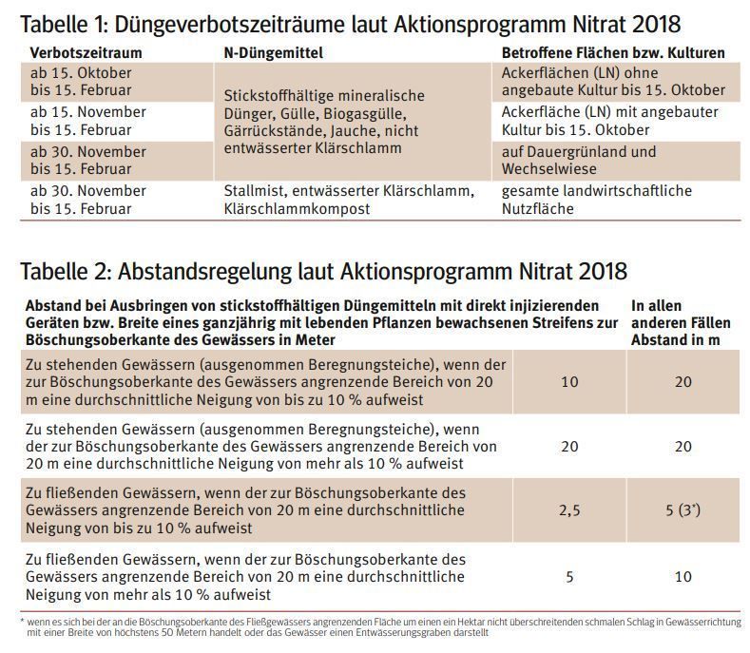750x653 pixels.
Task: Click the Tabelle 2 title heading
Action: coord(323,272)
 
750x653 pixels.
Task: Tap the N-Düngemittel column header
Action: coord(276,52)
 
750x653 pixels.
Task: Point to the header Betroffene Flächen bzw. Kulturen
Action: coord(612,52)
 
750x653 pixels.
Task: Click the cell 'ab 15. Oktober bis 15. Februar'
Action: coord(81,82)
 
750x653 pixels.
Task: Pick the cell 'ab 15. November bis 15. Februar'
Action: coord(87,121)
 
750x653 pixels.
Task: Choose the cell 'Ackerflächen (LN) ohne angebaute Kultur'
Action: coord(612,82)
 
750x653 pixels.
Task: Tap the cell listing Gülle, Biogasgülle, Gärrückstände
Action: coord(323,122)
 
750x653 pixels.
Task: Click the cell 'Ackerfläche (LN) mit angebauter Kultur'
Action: coord(609,121)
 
